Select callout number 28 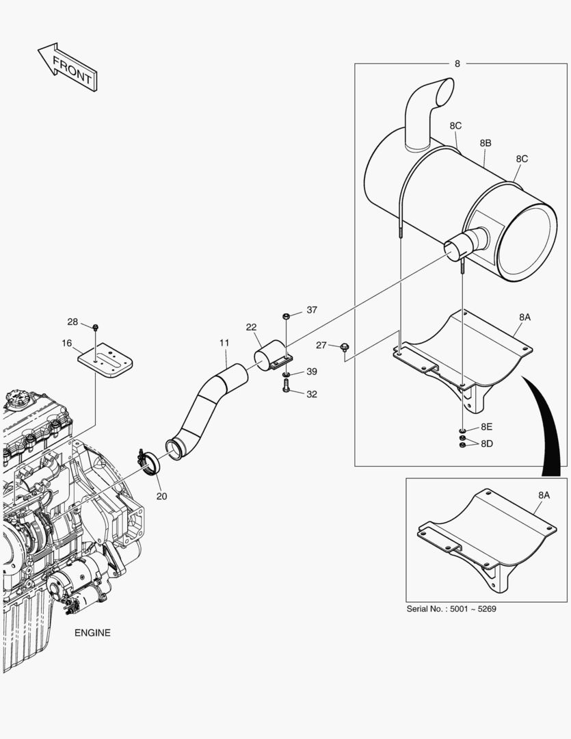coord(72,322)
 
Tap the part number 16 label coord(66,343)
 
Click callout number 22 coord(251,328)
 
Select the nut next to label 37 coord(286,315)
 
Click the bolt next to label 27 coord(344,348)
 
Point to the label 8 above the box coord(457,64)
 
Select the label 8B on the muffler coord(486,143)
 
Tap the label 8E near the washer coord(486,426)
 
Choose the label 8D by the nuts coord(486,443)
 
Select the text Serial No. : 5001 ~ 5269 coord(451,609)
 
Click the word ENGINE coord(92,633)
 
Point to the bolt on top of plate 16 coord(95,327)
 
